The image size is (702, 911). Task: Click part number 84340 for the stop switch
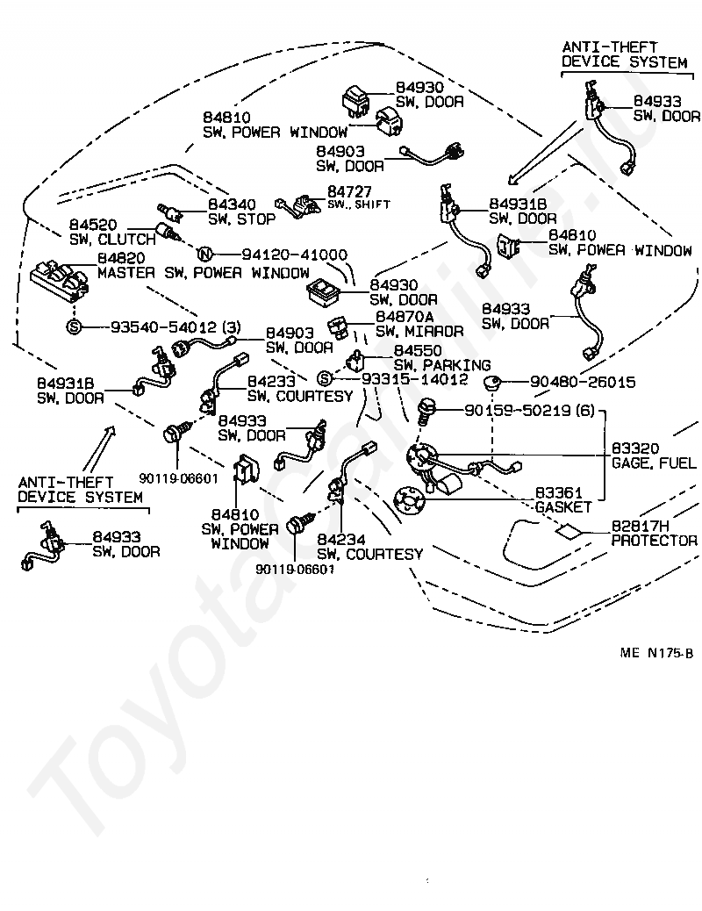click(232, 204)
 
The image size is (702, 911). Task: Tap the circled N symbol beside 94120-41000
click(204, 255)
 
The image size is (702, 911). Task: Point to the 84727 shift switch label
click(349, 191)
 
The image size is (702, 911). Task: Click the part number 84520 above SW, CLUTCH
click(93, 225)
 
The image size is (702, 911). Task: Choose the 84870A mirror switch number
click(405, 317)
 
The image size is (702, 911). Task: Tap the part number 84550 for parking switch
click(418, 350)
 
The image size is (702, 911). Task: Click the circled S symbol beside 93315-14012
click(325, 379)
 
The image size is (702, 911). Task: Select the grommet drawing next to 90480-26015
click(492, 383)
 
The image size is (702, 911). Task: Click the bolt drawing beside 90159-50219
click(426, 411)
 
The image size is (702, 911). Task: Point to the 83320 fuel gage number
click(635, 448)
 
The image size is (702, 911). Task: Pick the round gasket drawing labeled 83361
click(409, 501)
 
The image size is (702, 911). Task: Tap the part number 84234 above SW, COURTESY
click(341, 540)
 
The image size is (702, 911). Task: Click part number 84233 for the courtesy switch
click(271, 381)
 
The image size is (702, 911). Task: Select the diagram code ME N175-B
click(656, 652)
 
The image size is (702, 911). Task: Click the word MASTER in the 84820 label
click(126, 272)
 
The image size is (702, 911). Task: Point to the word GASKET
click(563, 507)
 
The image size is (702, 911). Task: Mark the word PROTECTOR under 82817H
click(655, 541)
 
